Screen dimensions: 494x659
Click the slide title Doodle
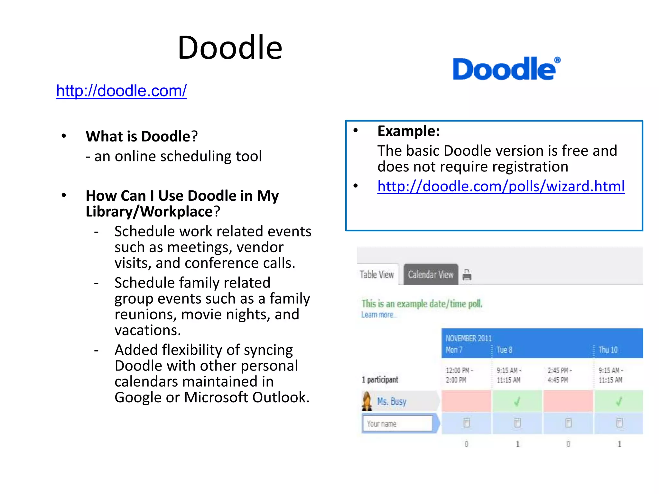[230, 48]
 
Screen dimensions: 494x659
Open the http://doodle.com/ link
[121, 91]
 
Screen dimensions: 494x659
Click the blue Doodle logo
[506, 69]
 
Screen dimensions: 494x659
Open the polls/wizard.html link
[501, 186]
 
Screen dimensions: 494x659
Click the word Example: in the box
[408, 131]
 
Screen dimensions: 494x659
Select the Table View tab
[376, 275]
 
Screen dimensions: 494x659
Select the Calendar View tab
[431, 275]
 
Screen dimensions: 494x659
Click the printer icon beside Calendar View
[467, 275]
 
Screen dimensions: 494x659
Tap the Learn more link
[378, 315]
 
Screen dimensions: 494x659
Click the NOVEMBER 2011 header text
[469, 338]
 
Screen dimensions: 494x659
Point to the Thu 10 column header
[608, 350]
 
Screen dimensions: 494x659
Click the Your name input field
[397, 424]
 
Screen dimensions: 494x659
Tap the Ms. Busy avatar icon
[367, 401]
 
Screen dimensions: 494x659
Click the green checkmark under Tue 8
[517, 401]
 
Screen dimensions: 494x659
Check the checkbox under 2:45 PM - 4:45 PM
[568, 423]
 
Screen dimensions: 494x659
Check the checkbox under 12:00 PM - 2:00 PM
[466, 423]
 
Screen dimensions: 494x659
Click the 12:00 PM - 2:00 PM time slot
[459, 375]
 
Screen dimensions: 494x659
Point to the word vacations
[147, 330]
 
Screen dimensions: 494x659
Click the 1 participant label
[380, 380]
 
